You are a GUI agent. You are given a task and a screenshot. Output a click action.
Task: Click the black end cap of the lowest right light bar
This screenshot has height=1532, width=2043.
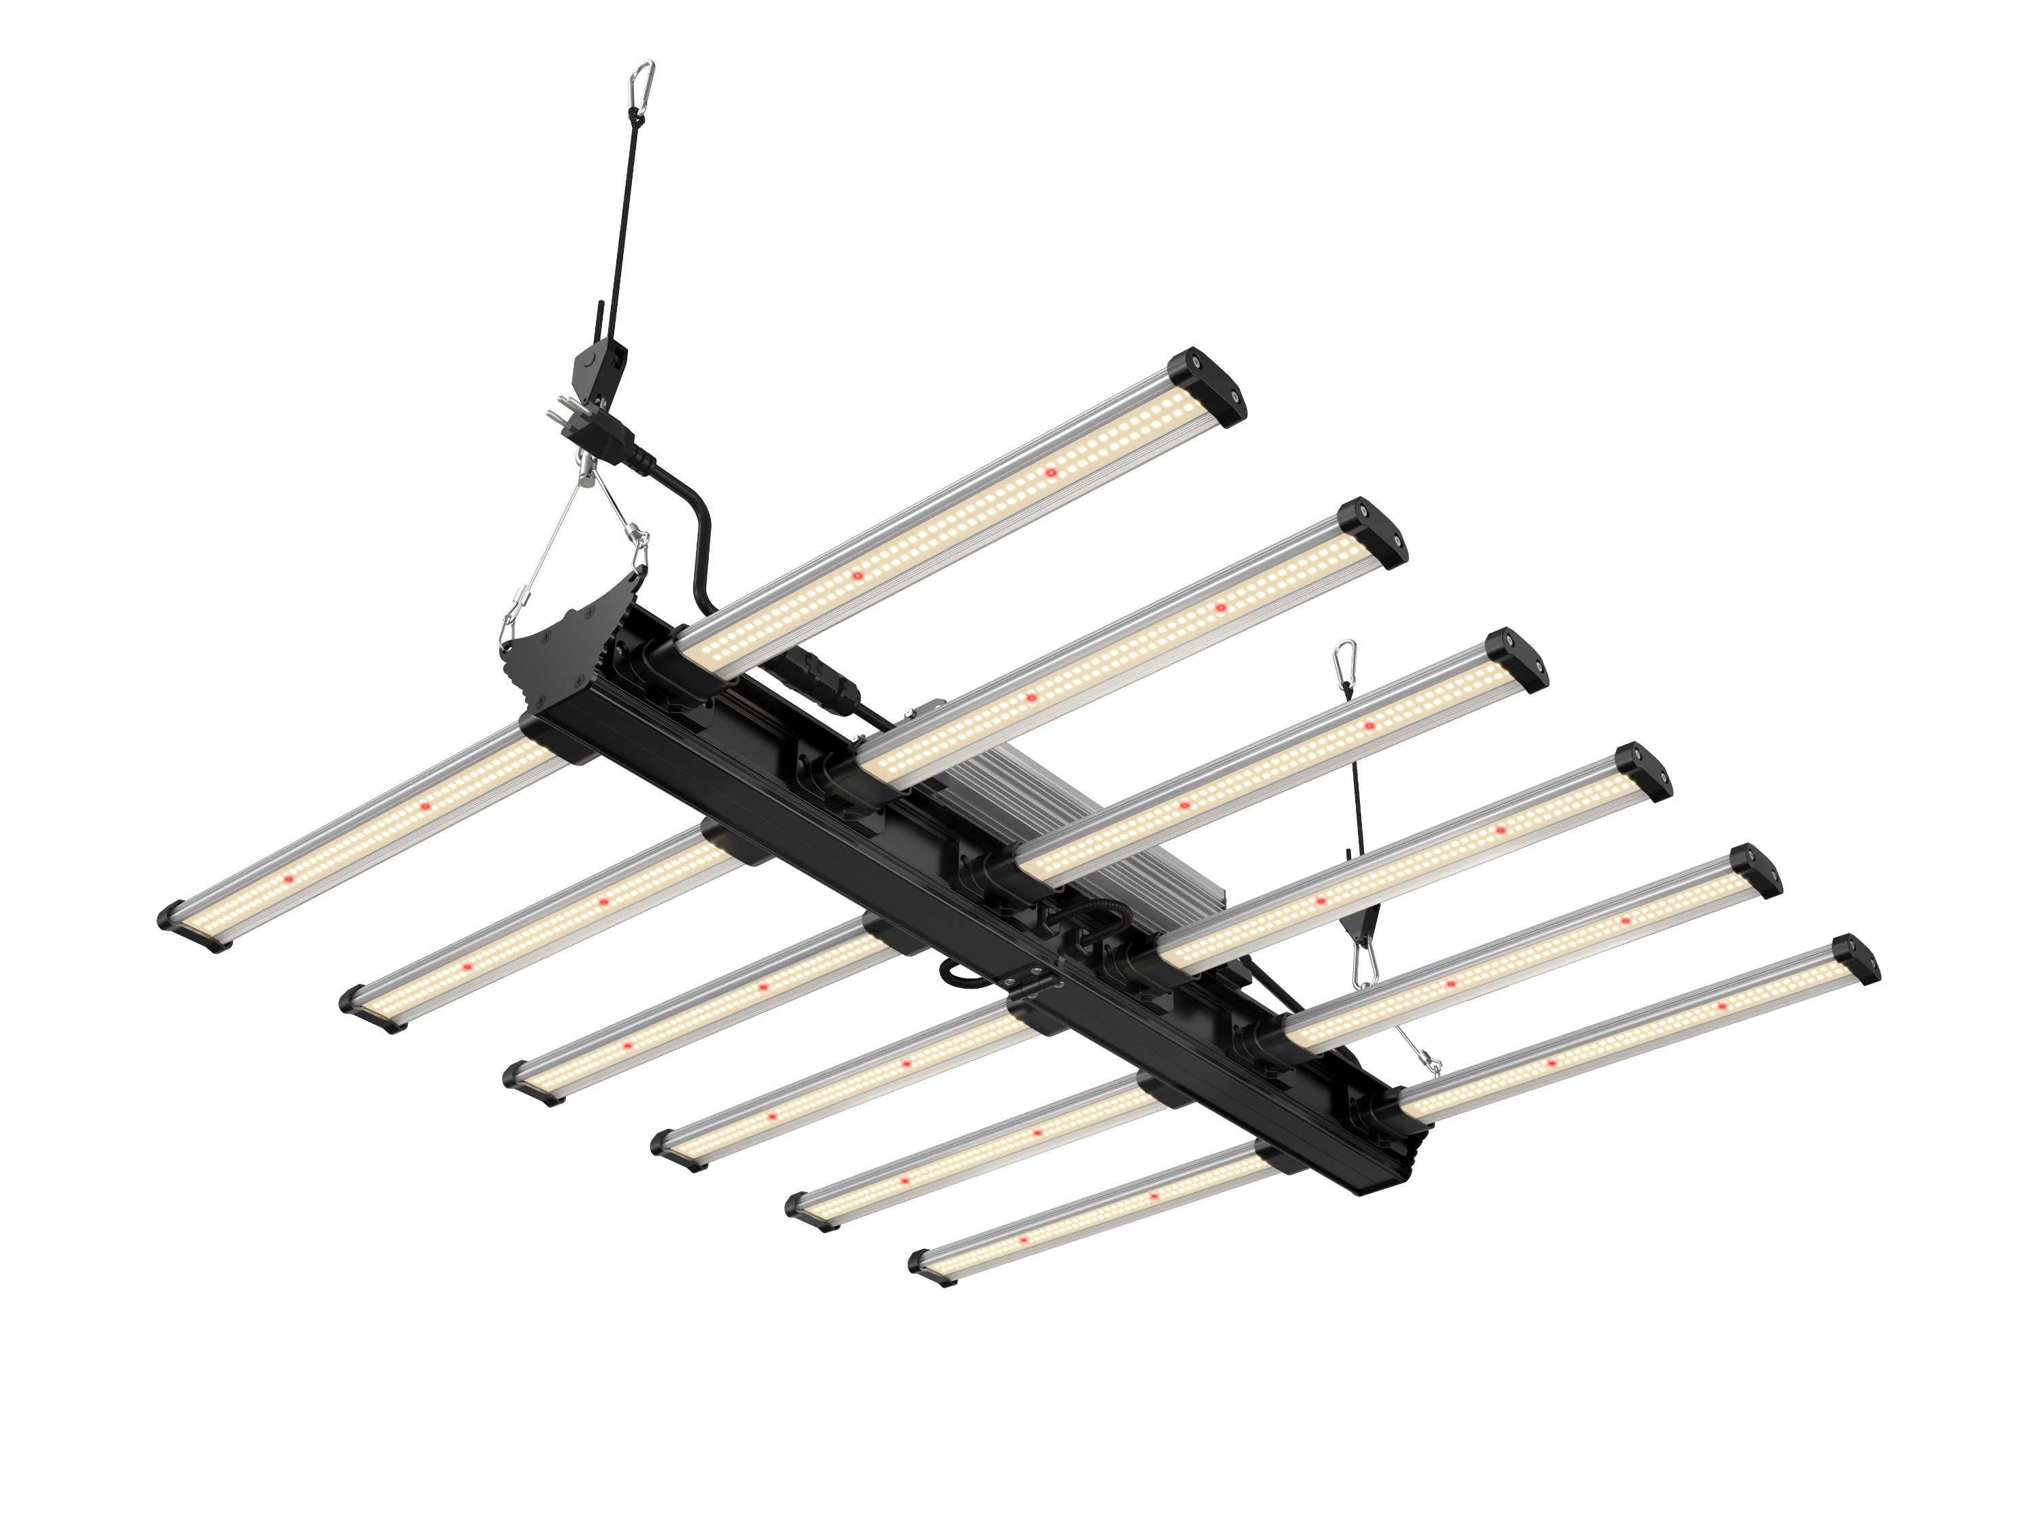click(x=1854, y=959)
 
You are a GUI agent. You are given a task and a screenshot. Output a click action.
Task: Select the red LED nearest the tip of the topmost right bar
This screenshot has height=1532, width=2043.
click(x=1050, y=473)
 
